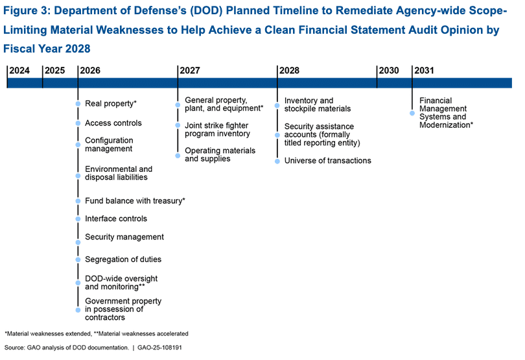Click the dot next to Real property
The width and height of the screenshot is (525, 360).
click(78, 104)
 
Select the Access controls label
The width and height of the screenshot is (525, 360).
click(113, 123)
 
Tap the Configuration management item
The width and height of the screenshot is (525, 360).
click(108, 145)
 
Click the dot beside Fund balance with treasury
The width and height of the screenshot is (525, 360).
click(78, 201)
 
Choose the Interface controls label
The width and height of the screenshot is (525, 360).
click(115, 219)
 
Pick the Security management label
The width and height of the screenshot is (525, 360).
click(124, 237)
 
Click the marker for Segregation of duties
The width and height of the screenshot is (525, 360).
click(78, 259)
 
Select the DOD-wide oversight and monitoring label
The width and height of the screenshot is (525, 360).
click(122, 282)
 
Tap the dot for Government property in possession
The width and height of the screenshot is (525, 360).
click(78, 310)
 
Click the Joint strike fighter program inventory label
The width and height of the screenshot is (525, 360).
click(217, 129)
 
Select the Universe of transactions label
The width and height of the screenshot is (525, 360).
click(327, 160)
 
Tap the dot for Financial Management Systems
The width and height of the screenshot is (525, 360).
click(412, 113)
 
